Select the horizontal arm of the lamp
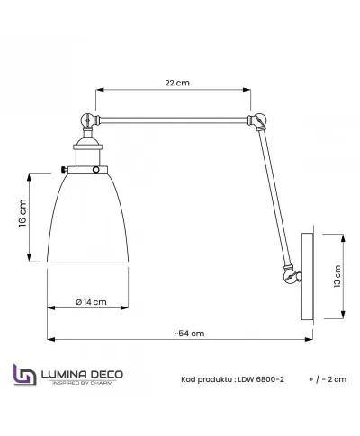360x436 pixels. [171, 118]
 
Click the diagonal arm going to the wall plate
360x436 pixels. [274, 193]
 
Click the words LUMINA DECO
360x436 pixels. [80, 371]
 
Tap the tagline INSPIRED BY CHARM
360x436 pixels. [80, 383]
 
